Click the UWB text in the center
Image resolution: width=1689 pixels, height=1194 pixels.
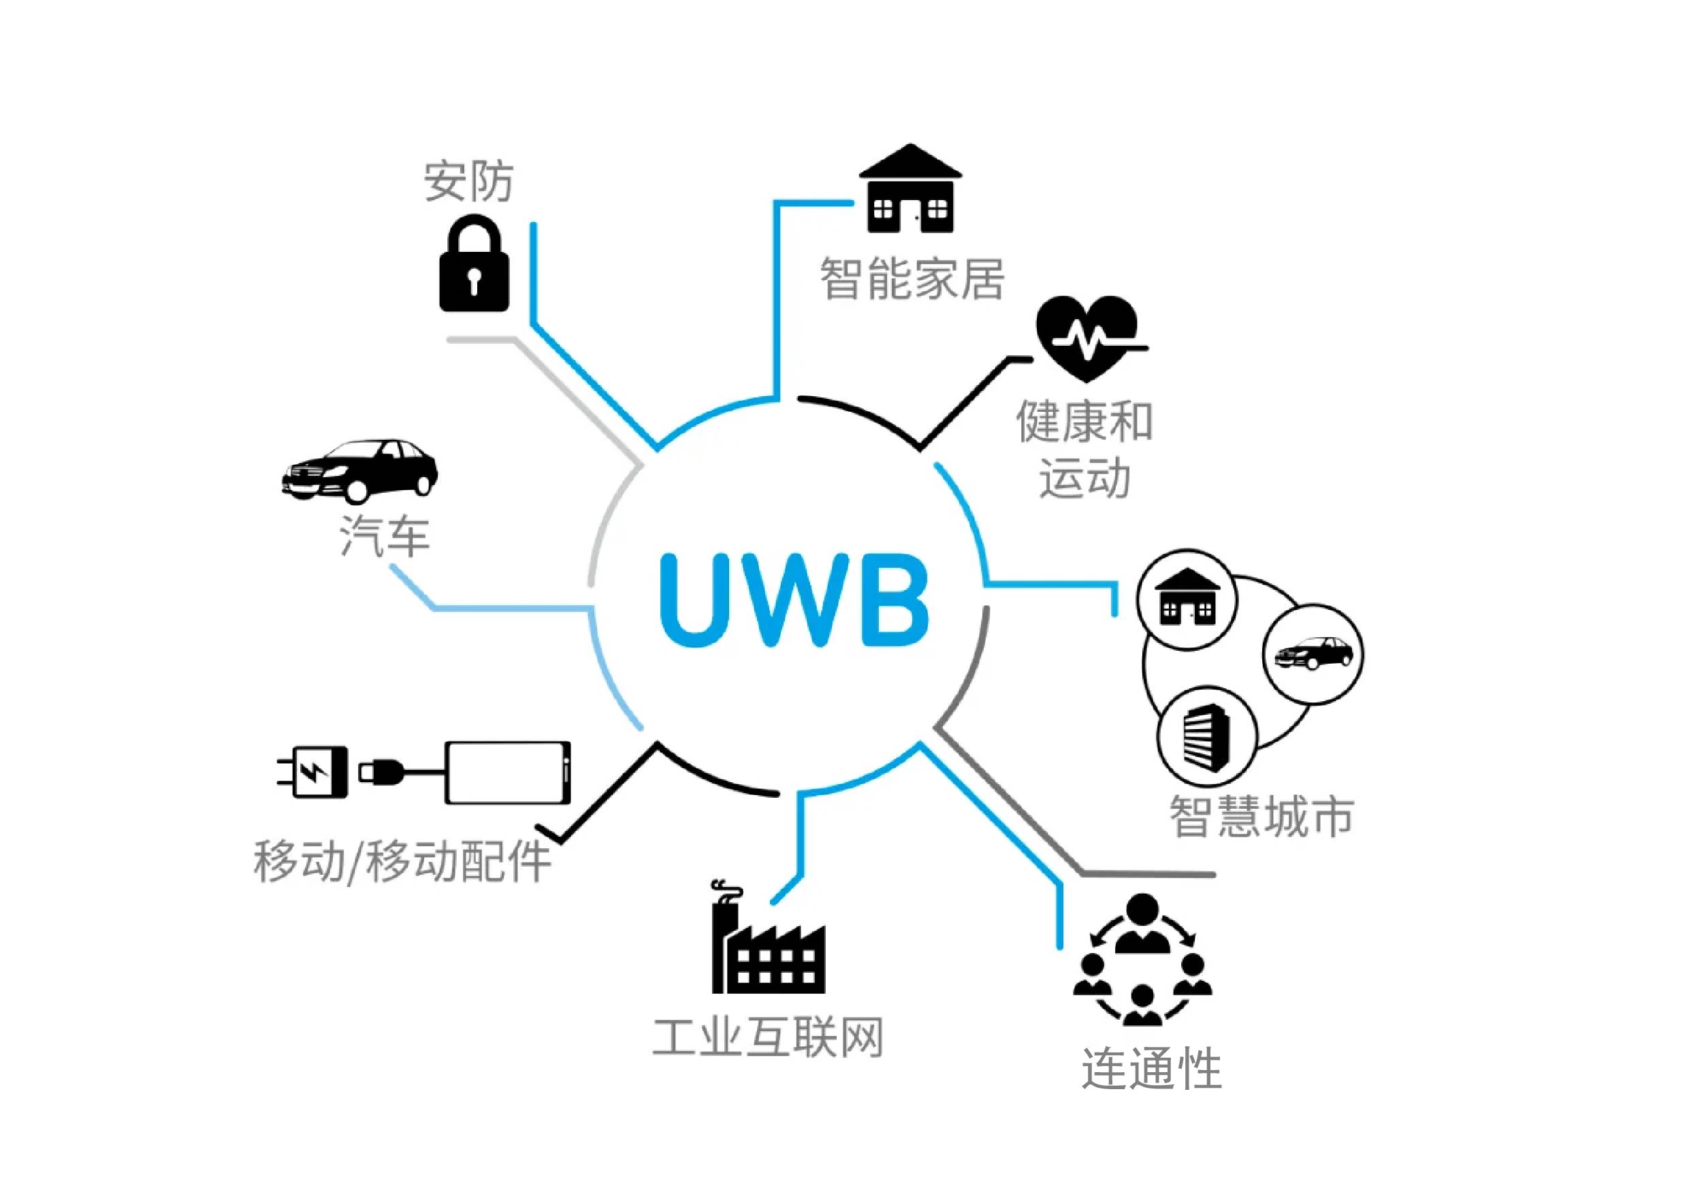[794, 600]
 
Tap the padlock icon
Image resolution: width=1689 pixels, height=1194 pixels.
[474, 265]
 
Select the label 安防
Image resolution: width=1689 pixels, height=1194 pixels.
[468, 181]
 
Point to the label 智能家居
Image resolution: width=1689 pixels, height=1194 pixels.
[912, 279]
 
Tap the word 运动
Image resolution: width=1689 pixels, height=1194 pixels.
[1084, 477]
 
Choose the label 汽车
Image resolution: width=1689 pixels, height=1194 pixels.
[385, 536]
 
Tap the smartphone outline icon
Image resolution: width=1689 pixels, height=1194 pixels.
[508, 773]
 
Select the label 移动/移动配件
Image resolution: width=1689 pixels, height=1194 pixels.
[402, 860]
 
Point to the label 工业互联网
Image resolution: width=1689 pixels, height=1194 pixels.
[768, 1038]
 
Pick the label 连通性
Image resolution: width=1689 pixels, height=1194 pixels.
[1151, 1069]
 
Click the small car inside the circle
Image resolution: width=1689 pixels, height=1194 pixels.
[1313, 654]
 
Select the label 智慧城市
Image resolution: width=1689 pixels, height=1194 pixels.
[1261, 817]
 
